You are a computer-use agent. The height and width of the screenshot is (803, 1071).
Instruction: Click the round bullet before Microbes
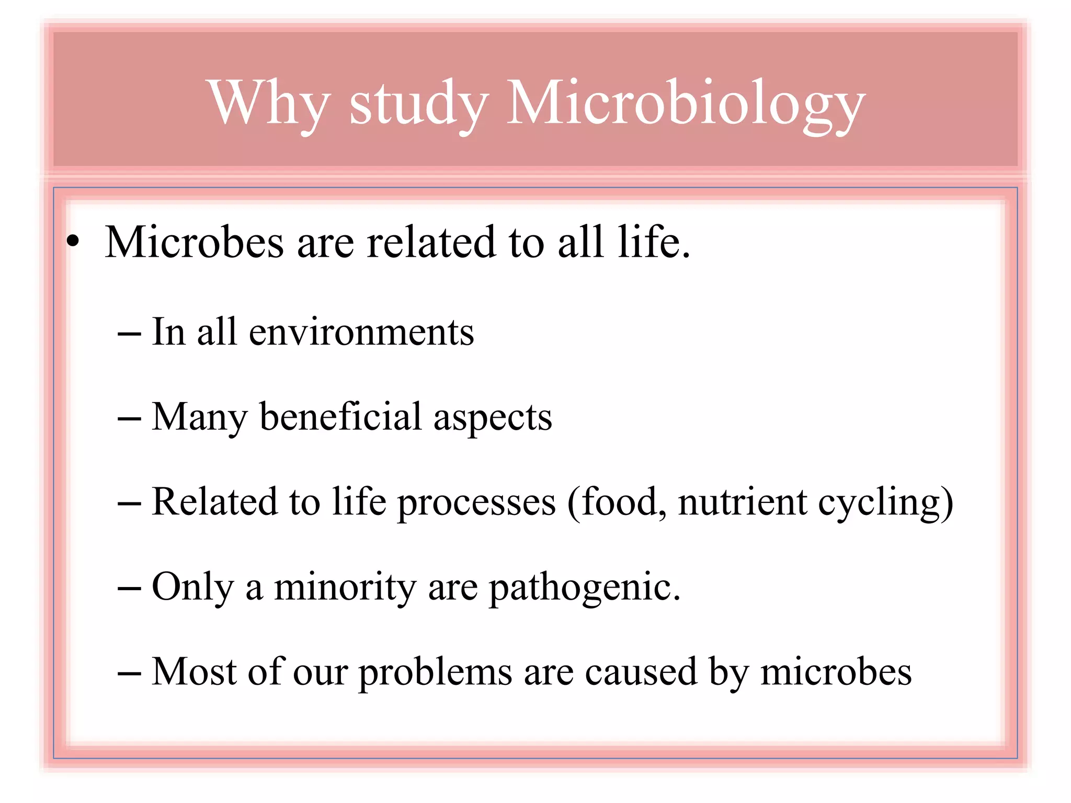tap(73, 242)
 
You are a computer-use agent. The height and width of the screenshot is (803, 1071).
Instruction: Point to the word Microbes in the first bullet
tap(194, 242)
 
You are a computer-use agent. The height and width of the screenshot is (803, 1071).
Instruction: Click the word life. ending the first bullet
tap(654, 242)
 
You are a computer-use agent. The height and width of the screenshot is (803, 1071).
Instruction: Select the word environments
tap(361, 332)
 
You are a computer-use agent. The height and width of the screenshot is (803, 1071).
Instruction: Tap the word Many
tap(199, 417)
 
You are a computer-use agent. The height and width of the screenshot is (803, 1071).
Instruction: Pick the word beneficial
tap(340, 417)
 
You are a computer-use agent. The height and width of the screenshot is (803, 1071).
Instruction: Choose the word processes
tap(476, 502)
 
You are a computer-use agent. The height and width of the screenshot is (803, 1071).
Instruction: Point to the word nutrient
tap(743, 502)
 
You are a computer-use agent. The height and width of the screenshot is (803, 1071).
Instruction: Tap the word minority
tap(345, 587)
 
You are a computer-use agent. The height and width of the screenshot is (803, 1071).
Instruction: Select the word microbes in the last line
tap(836, 672)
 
